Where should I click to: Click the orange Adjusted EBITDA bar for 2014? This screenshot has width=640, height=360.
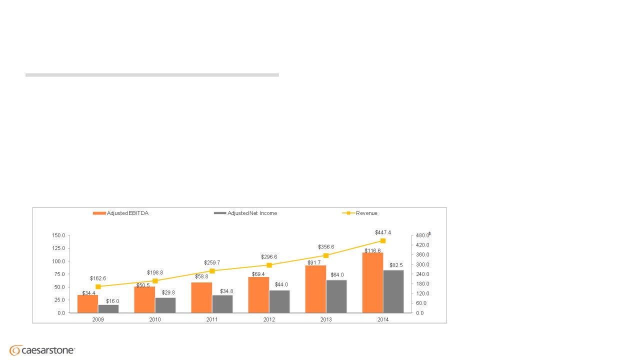coord(372,282)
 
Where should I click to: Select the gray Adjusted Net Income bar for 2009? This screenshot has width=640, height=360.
coord(108,308)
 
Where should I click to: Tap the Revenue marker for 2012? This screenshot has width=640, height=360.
coord(269,265)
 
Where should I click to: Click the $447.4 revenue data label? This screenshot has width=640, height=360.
coord(383,232)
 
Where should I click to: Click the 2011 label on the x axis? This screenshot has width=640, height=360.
coord(212,319)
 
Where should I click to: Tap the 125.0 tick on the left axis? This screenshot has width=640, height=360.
coord(59,248)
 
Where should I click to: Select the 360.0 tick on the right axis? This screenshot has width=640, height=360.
coord(422,254)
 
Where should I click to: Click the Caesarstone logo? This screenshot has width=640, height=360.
coord(42,350)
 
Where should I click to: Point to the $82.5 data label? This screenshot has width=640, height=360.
coord(396,265)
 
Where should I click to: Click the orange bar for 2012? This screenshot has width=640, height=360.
coord(258,294)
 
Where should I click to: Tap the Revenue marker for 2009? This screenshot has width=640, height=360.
coord(98,287)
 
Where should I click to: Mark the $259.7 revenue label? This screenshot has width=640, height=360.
coord(212,262)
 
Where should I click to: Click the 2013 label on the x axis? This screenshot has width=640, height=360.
coord(326,319)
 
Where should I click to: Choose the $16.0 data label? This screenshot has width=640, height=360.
coord(112,301)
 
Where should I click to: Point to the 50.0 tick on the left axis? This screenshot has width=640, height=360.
coord(60,287)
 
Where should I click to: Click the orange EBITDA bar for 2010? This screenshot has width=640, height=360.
coord(144,299)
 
